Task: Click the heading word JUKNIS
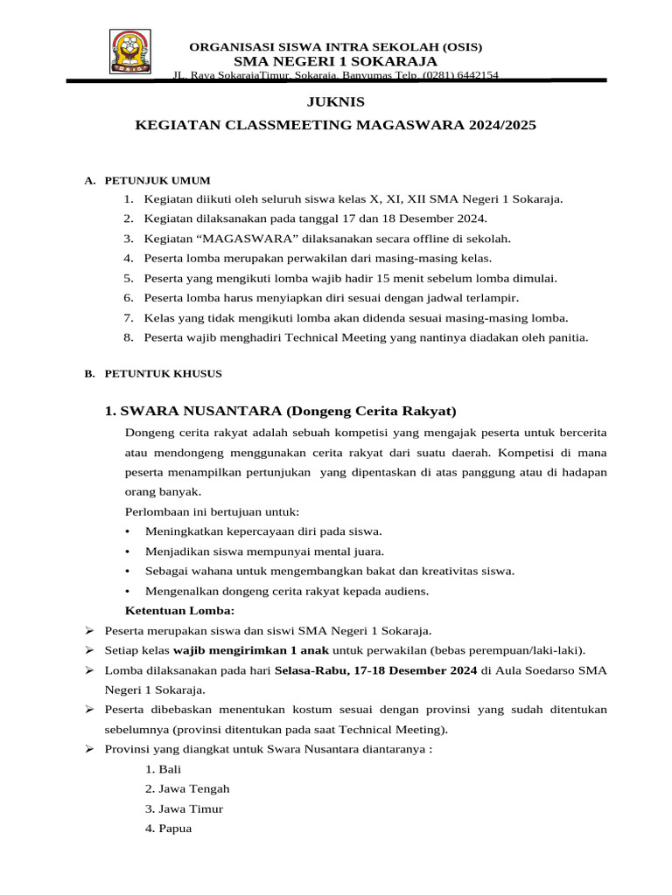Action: tap(335, 102)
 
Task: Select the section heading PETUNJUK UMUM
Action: tap(157, 181)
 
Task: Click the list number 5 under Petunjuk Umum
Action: tap(128, 278)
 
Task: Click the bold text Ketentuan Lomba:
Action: tap(180, 610)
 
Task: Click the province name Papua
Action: tap(175, 829)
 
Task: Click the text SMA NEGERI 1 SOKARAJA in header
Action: tap(335, 60)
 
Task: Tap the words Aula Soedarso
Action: tap(526, 670)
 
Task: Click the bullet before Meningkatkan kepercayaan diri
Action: tap(129, 531)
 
